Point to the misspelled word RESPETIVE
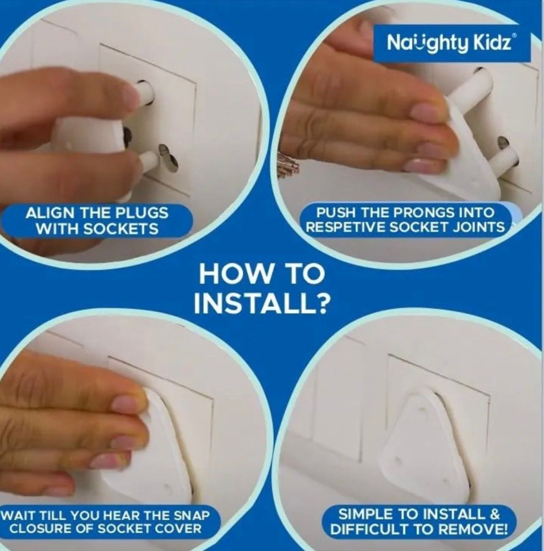click(x=346, y=227)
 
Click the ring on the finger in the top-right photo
click(x=287, y=160)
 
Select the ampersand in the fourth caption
click(x=493, y=515)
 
